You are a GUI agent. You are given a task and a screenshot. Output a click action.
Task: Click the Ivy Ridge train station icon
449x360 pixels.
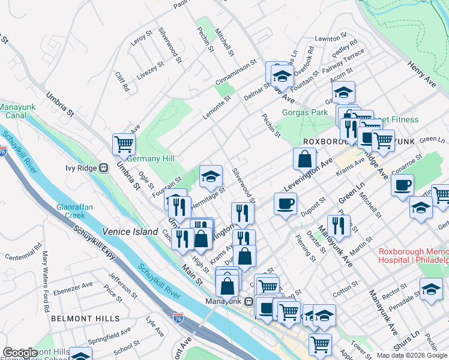tap(103, 167)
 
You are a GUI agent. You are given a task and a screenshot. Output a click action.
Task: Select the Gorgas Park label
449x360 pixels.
tap(305, 112)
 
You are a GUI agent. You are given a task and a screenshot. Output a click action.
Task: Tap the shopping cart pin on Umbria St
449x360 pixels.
tap(124, 144)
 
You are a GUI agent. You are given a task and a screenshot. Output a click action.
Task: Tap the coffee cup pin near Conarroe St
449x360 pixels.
tap(402, 184)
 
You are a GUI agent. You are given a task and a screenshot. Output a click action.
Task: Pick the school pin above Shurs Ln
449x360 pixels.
tap(431, 289)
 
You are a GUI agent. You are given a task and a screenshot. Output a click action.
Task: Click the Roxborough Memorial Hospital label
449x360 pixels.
tap(413, 256)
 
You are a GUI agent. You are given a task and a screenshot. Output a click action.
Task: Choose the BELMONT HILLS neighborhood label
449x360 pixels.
tap(85, 318)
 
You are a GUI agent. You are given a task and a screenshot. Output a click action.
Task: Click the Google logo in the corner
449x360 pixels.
tap(20, 353)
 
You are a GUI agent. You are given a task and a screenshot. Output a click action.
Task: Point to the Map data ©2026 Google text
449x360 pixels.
tap(412, 355)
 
